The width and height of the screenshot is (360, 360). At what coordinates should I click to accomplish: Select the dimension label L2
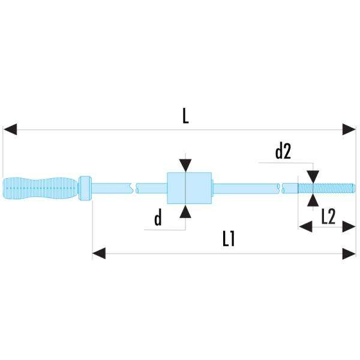pos(328,217)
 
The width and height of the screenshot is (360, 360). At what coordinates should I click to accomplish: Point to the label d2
pos(283,152)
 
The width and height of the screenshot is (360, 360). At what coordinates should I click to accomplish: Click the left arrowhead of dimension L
pos(10,129)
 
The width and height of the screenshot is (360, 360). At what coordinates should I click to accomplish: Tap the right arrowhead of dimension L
pos(349,129)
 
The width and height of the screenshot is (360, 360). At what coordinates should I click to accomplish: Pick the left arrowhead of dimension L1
pos(99,254)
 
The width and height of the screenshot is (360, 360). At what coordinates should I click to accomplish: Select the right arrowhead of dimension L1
pos(349,254)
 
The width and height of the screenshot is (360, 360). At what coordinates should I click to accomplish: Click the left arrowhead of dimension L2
pos(305,227)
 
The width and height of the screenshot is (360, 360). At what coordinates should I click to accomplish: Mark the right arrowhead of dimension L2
pos(349,227)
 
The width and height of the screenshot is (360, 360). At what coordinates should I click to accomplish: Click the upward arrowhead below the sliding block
pos(185,211)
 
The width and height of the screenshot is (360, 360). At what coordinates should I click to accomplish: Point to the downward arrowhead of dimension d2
pos(313,176)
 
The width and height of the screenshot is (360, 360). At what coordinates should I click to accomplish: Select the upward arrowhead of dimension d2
pos(313,200)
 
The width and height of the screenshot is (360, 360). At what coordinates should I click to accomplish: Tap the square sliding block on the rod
pos(189,188)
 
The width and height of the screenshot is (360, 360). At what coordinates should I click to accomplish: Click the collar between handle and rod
pos(86,188)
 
